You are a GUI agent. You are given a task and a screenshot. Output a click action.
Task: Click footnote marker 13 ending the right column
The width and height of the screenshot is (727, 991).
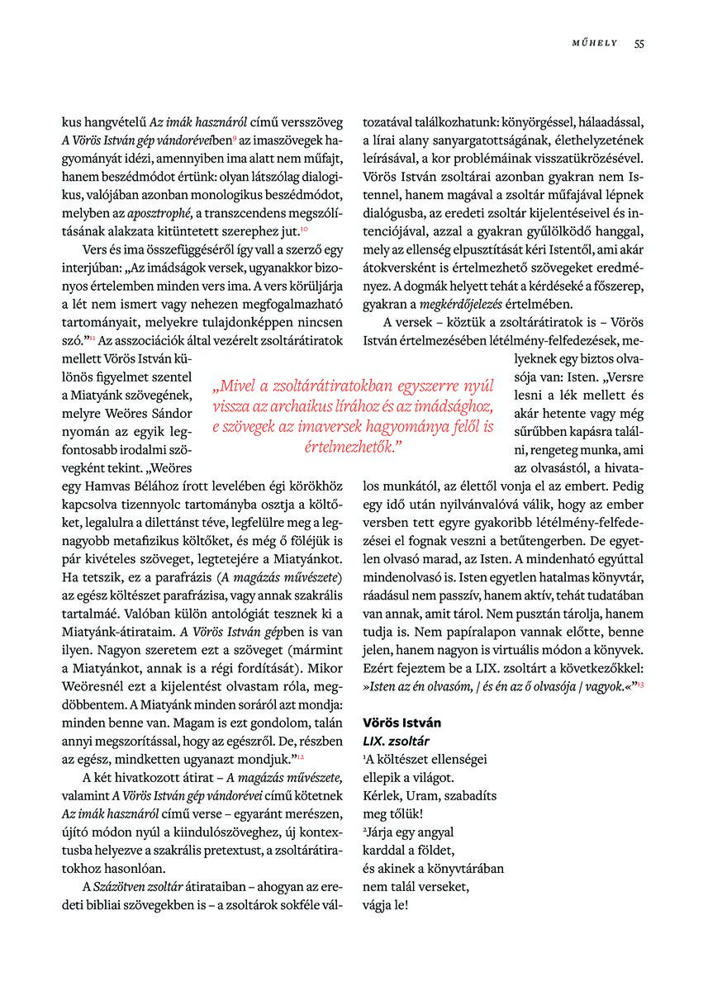point(641,686)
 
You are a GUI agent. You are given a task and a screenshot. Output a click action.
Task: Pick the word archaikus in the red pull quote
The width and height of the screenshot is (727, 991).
point(314,407)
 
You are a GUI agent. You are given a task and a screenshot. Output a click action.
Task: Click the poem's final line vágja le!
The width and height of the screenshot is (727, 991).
point(385,904)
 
